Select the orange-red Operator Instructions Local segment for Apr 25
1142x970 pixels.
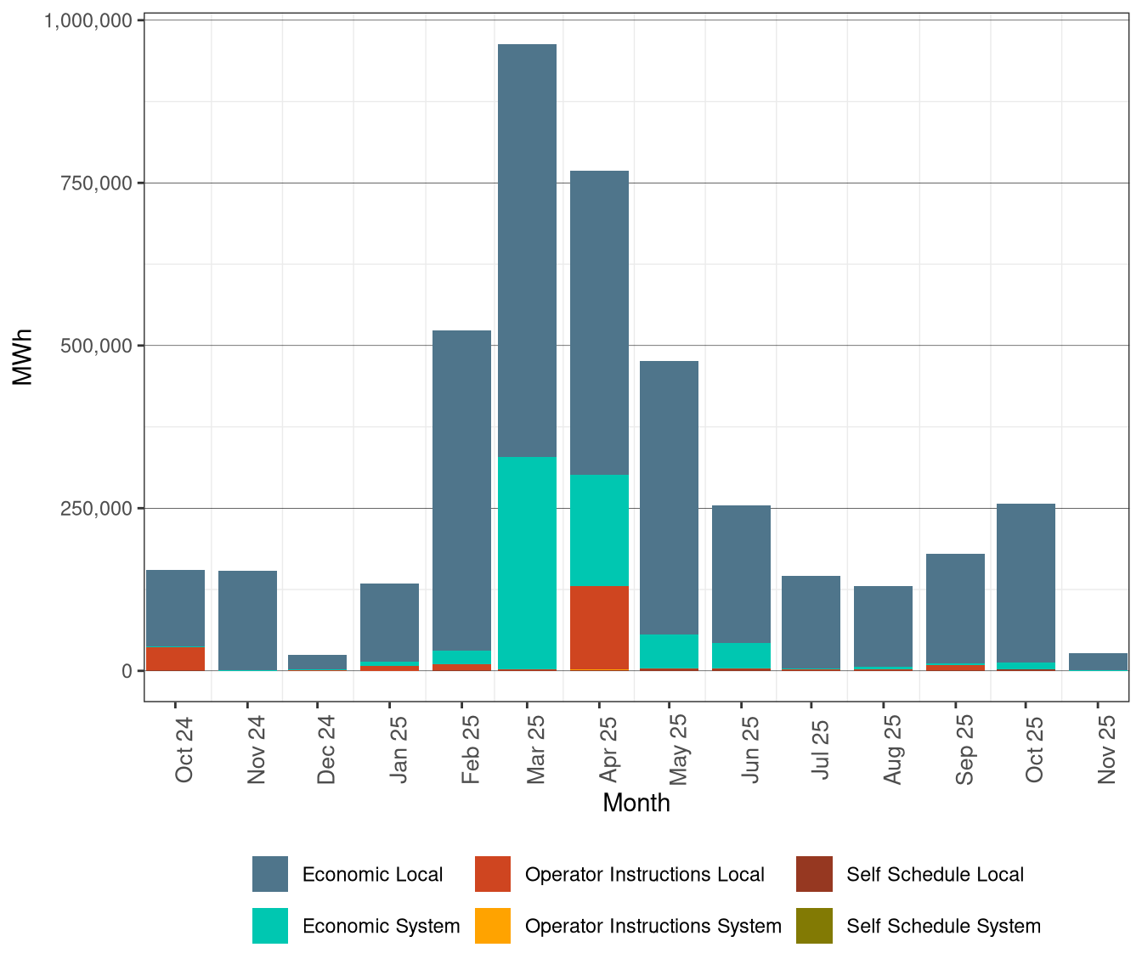pos(599,627)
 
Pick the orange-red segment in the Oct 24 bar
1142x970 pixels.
pos(175,658)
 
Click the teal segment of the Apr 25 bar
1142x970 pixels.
pos(599,530)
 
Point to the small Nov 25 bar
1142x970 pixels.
pos(1098,662)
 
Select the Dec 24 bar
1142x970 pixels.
pos(317,661)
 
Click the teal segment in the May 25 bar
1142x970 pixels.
pos(669,651)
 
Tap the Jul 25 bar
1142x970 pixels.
pos(811,622)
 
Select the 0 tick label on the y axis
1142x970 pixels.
pos(127,671)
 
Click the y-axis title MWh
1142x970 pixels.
pos(23,357)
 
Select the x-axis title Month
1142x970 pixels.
pos(636,804)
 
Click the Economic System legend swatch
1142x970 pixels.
pos(270,926)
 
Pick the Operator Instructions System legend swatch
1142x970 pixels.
pos(493,926)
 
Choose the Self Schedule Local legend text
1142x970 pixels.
pos(935,875)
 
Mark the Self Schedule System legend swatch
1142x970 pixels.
pos(814,926)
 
